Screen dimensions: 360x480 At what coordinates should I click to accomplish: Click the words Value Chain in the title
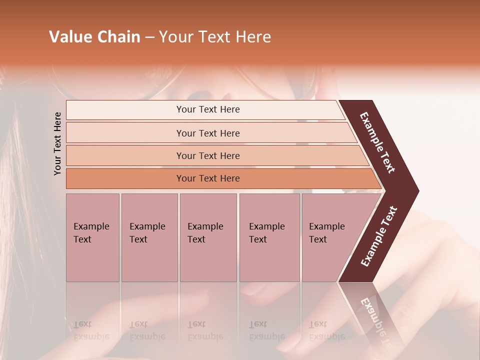pos(94,37)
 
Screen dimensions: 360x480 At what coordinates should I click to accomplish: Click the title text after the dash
pos(215,37)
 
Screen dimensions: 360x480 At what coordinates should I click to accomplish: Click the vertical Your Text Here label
pos(57,143)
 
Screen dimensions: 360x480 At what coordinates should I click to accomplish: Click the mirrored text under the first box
pos(91,330)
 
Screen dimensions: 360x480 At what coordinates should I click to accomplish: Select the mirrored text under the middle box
pos(205,330)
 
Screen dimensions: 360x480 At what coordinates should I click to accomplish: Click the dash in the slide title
pos(149,37)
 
